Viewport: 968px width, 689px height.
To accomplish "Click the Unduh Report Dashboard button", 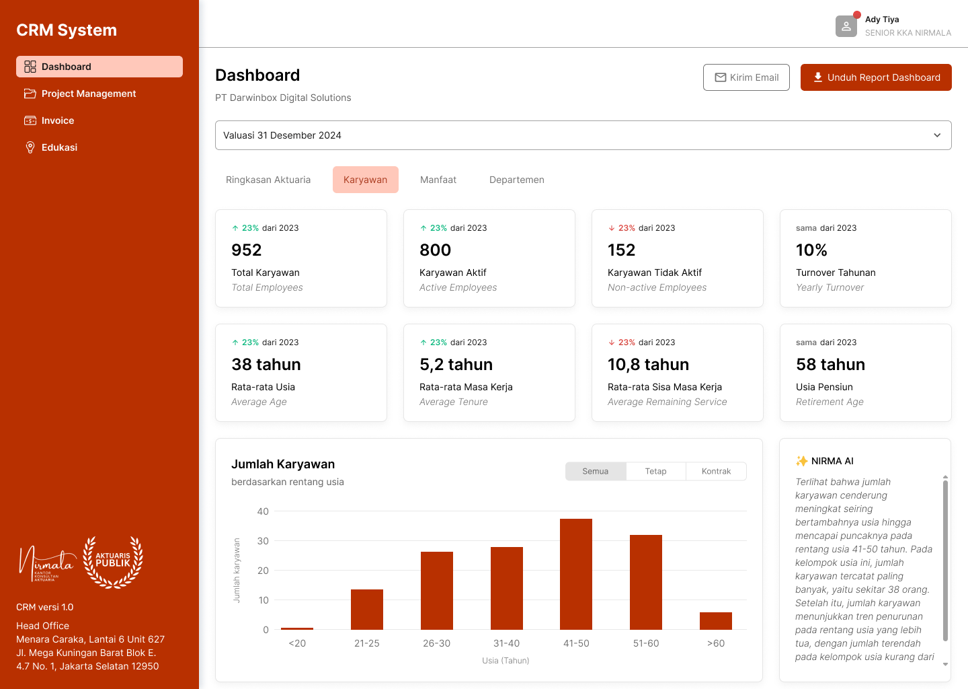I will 876,77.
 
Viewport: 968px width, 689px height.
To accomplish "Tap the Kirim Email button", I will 746,77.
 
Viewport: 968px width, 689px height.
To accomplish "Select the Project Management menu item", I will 89,94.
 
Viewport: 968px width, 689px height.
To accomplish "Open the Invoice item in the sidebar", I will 58,120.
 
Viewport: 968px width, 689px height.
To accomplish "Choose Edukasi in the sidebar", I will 59,147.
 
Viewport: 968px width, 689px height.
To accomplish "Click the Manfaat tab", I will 438,180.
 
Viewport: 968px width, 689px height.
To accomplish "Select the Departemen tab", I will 517,180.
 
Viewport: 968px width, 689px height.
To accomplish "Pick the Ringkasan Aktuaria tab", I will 268,180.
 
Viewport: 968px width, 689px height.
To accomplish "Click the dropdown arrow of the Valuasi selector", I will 937,135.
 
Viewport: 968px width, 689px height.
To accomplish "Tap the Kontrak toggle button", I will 716,471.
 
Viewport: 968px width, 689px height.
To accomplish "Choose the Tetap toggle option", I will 655,471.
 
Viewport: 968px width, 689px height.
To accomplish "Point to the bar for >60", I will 715,620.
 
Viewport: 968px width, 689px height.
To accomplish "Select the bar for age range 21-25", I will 367,610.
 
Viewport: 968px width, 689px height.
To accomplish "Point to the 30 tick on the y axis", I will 263,541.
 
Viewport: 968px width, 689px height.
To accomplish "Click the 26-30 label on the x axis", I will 436,643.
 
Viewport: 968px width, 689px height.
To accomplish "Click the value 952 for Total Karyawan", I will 247,250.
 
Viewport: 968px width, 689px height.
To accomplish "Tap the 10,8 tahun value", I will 648,365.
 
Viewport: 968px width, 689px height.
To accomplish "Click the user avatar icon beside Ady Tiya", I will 846,26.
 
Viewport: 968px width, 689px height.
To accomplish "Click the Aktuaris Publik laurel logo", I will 113,562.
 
